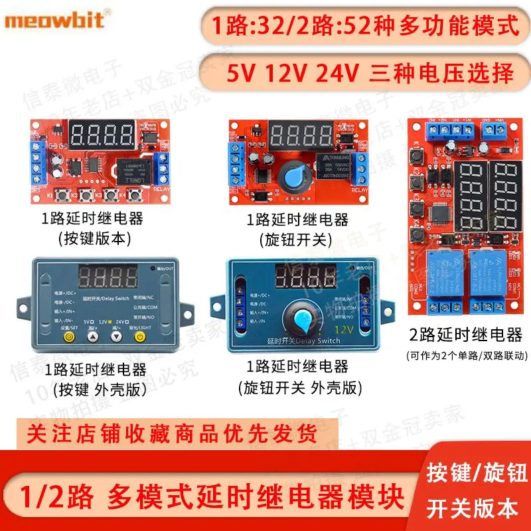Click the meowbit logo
[x=54, y=21]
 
